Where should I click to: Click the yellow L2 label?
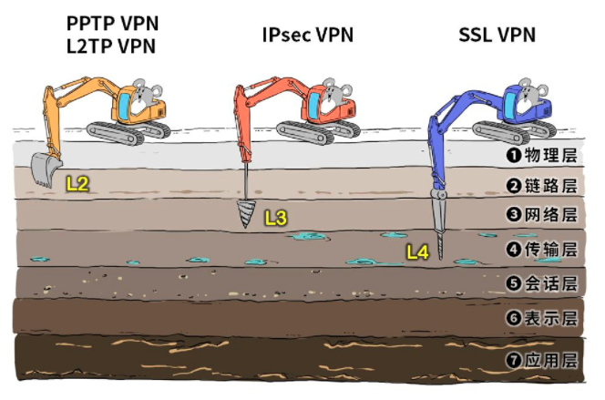[77, 183]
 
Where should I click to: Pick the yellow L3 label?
[275, 218]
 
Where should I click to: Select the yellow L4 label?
[417, 252]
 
